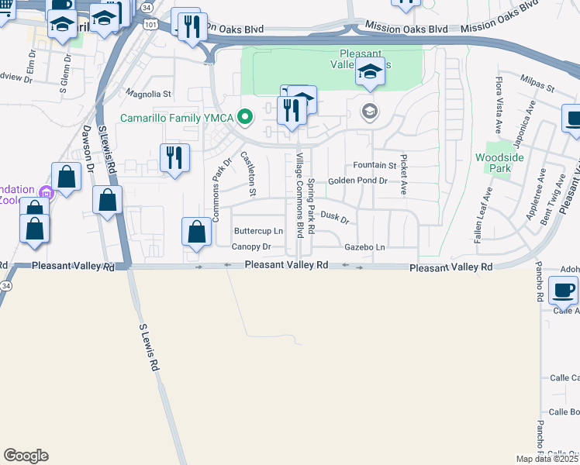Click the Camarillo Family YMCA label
click(x=178, y=119)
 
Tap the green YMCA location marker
click(x=246, y=118)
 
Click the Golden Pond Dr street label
click(x=357, y=181)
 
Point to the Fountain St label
click(x=375, y=165)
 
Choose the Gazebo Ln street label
click(x=364, y=246)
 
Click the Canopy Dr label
click(x=251, y=246)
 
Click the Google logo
click(x=26, y=456)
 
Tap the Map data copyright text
click(x=547, y=459)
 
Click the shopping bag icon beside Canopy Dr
click(x=197, y=232)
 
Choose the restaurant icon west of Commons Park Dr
click(x=174, y=158)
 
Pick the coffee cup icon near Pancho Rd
click(x=563, y=291)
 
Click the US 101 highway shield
click(x=150, y=25)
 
